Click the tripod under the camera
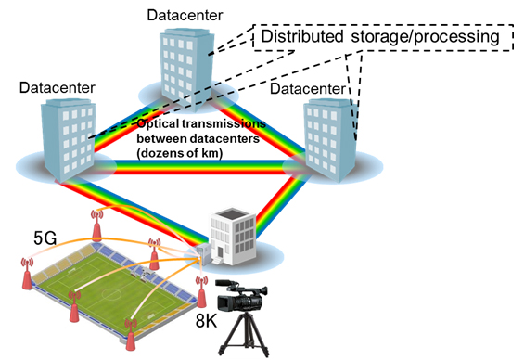pyautogui.click(x=244, y=334)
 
